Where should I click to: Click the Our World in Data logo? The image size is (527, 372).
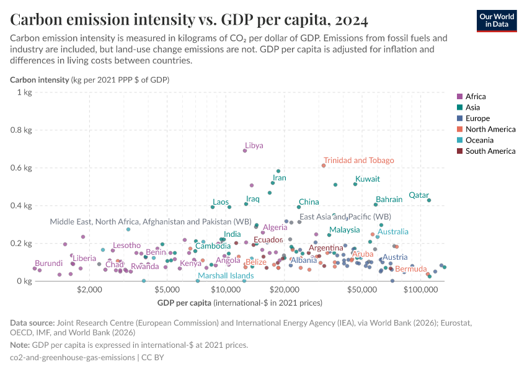coord(496,20)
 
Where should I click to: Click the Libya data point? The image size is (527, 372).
coord(245,151)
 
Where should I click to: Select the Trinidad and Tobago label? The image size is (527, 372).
coord(358,160)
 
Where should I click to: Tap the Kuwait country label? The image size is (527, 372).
coord(368,179)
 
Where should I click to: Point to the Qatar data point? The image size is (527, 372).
coord(429,200)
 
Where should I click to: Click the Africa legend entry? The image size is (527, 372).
coord(476,96)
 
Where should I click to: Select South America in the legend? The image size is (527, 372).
coord(490,151)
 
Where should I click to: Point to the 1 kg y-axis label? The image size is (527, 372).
coord(24,92)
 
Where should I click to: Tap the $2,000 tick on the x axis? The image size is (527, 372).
coord(91,290)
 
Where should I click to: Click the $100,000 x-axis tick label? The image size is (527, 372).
coord(422,290)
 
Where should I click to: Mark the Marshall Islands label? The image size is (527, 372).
coord(226,276)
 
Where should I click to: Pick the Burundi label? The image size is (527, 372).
coord(48,263)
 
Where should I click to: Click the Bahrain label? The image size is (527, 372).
coord(389,200)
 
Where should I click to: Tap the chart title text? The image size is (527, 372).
coord(189,20)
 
